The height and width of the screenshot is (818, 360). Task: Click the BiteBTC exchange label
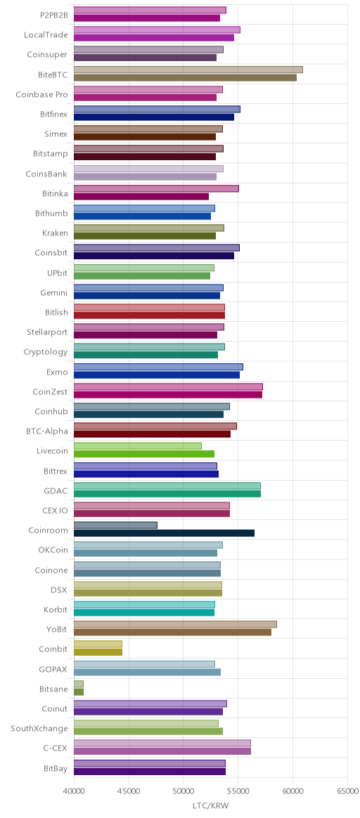click(53, 74)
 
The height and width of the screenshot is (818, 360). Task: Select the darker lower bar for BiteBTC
click(185, 78)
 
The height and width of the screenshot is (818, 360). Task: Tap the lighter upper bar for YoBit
click(175, 625)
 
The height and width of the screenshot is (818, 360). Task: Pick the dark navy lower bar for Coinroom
click(165, 533)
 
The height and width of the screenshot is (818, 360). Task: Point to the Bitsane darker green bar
click(79, 692)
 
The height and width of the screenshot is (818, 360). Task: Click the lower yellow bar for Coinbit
click(98, 652)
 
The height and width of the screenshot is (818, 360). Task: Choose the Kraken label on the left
click(55, 233)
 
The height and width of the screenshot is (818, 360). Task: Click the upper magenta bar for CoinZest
click(168, 387)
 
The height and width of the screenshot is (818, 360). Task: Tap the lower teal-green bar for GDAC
click(167, 493)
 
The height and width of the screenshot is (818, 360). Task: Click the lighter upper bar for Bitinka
click(157, 188)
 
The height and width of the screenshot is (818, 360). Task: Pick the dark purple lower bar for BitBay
click(150, 771)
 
